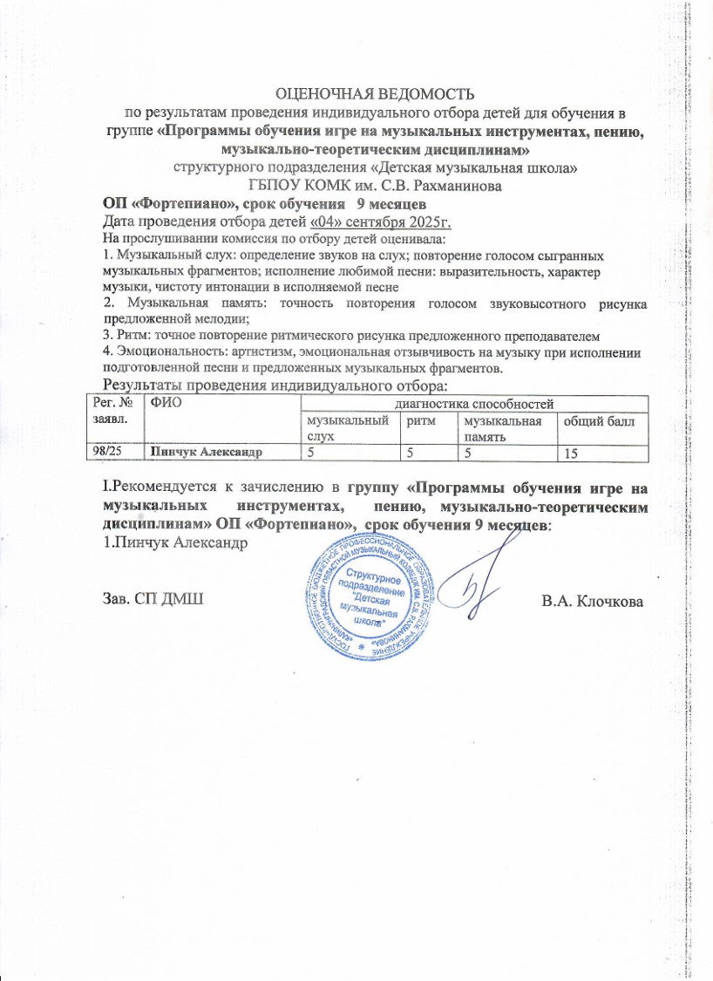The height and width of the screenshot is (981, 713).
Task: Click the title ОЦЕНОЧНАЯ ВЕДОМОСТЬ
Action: click(x=374, y=93)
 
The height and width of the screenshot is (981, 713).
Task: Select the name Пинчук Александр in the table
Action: click(x=207, y=451)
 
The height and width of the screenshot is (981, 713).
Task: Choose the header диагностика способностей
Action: click(x=474, y=402)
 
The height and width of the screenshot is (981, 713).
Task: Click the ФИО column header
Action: click(x=165, y=402)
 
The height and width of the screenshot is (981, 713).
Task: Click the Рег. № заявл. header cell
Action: click(x=112, y=409)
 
